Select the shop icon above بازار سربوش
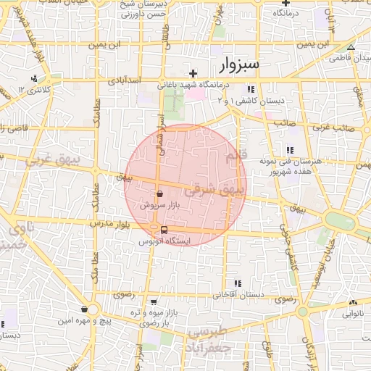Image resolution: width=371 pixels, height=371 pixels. pyautogui.click(x=159, y=193)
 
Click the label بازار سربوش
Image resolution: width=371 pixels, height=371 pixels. pyautogui.click(x=159, y=206)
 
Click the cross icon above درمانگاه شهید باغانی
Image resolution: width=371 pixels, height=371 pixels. pyautogui.click(x=193, y=73)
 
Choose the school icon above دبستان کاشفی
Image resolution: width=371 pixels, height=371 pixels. pyautogui.click(x=251, y=90)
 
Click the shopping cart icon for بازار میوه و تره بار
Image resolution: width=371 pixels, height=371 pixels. pyautogui.click(x=153, y=302)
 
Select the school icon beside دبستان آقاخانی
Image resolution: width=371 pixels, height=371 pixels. pyautogui.click(x=238, y=283)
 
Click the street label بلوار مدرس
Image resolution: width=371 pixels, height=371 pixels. pyautogui.click(x=109, y=224)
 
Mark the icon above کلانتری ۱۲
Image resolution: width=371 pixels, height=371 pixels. pyautogui.click(x=33, y=78)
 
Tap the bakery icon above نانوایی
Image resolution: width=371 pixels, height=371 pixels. pyautogui.click(x=352, y=303)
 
